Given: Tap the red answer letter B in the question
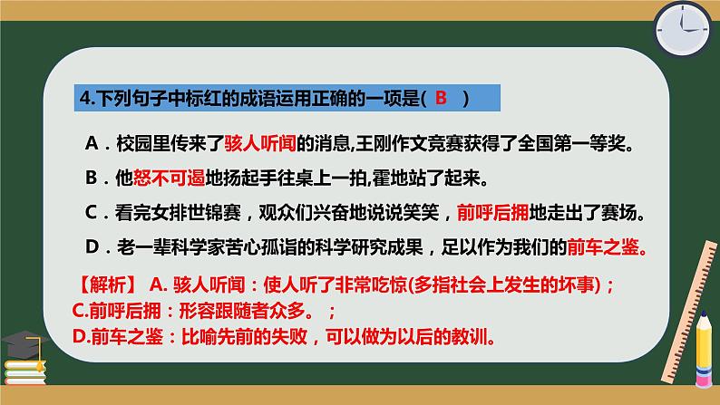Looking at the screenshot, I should [441, 99].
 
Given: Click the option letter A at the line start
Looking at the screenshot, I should [90, 143].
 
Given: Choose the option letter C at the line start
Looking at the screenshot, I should [90, 213].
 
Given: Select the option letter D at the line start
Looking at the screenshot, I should [90, 246].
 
